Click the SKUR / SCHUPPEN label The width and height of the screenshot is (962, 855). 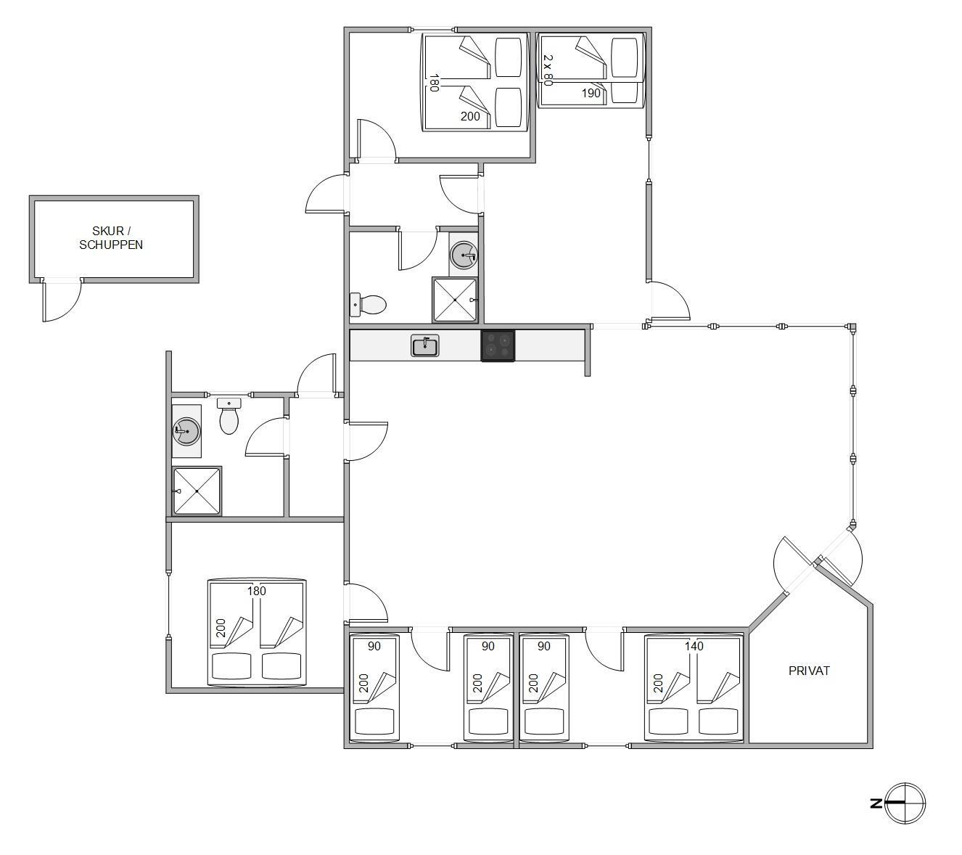(x=110, y=237)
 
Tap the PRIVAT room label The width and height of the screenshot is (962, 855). (x=809, y=671)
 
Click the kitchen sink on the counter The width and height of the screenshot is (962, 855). (x=424, y=345)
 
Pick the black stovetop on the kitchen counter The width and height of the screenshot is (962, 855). (x=498, y=345)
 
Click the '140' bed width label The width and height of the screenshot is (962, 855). (x=694, y=646)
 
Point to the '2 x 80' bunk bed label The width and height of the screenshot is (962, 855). (x=548, y=70)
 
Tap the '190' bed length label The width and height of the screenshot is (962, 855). (x=591, y=93)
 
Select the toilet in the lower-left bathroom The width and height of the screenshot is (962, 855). (x=229, y=416)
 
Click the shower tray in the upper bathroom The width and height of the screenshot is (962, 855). (x=454, y=300)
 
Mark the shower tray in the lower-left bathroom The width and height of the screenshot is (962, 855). (x=197, y=491)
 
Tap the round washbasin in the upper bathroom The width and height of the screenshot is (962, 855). (x=464, y=255)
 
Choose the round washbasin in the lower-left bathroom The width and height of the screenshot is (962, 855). (x=186, y=431)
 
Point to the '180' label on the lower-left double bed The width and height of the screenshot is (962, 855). (x=256, y=591)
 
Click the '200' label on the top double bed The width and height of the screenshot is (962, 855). (x=470, y=116)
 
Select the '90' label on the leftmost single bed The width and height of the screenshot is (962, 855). (x=374, y=646)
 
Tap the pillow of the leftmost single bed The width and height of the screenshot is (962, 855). (x=374, y=722)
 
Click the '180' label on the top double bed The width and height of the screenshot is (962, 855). (x=434, y=82)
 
